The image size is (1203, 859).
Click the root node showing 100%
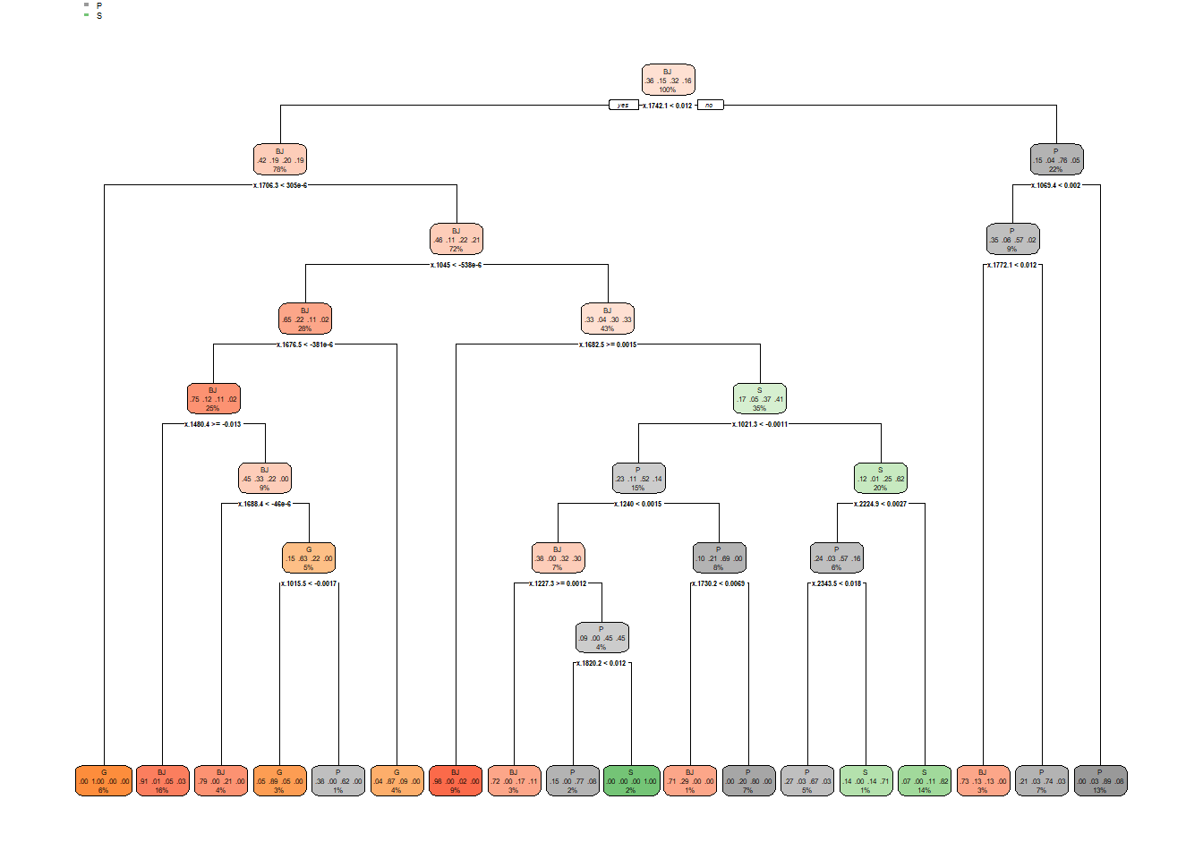point(668,81)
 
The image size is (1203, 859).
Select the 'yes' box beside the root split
point(622,105)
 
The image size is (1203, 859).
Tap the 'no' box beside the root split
point(709,105)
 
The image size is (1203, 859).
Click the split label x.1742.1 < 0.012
point(667,106)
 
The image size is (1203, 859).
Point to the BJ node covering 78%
point(280,160)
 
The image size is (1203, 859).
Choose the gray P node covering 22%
point(1056,160)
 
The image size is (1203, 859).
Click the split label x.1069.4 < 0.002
point(1056,185)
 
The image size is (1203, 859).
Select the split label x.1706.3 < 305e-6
point(280,185)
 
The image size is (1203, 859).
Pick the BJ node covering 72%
point(456,240)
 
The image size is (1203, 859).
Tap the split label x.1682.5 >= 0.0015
point(608,344)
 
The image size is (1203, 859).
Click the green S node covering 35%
point(759,399)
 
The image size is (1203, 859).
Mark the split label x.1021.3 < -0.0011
point(760,424)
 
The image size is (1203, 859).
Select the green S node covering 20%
point(880,479)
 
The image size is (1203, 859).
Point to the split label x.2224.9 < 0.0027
point(880,504)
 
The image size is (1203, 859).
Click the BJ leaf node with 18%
point(162,781)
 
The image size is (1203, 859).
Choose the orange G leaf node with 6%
point(104,781)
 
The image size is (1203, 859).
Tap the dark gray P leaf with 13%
point(1100,781)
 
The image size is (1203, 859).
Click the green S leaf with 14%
point(925,781)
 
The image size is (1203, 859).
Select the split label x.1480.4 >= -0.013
point(213,424)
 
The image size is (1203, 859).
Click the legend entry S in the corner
point(98,16)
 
